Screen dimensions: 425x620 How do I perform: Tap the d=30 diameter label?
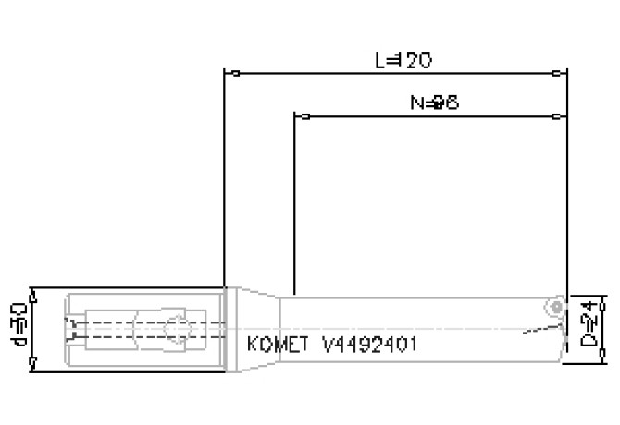18,327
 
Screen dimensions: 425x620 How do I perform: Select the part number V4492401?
370,345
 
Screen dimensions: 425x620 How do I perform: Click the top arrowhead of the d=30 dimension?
32,294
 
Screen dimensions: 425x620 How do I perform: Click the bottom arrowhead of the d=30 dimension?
32,362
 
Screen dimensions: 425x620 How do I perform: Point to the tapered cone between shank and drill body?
259,328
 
